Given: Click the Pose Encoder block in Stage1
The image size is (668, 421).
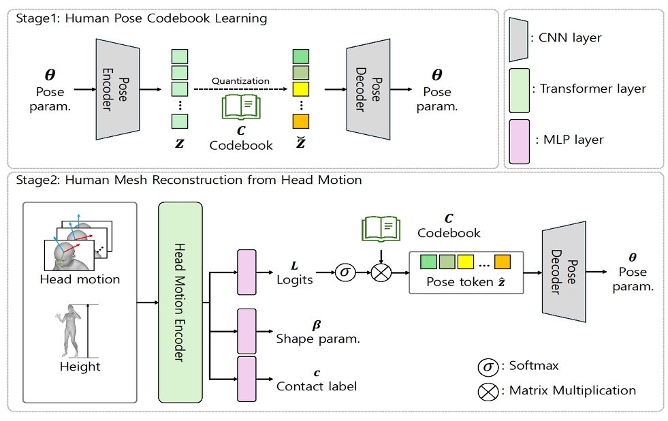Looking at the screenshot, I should pyautogui.click(x=117, y=89).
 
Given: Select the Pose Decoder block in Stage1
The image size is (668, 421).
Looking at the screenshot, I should pyautogui.click(x=368, y=89).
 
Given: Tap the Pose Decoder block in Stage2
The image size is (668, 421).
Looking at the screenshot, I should pyautogui.click(x=563, y=271).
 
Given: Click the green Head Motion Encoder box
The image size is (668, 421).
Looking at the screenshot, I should pyautogui.click(x=180, y=302).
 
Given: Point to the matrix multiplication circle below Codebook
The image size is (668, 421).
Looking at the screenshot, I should pyautogui.click(x=380, y=274).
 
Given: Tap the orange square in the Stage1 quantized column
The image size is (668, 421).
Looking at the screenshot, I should pyautogui.click(x=300, y=122).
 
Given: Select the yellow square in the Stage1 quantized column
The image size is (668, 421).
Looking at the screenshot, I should pyautogui.click(x=300, y=89).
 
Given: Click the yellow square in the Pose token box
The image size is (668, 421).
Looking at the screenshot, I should pyautogui.click(x=466, y=261).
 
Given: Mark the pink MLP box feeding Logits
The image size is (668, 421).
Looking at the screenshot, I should pyautogui.click(x=246, y=272).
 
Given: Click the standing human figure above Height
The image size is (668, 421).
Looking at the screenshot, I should pyautogui.click(x=70, y=331).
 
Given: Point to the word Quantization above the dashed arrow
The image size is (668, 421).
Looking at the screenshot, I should pyautogui.click(x=240, y=80).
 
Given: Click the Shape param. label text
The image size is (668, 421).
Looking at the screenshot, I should pyautogui.click(x=318, y=339).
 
